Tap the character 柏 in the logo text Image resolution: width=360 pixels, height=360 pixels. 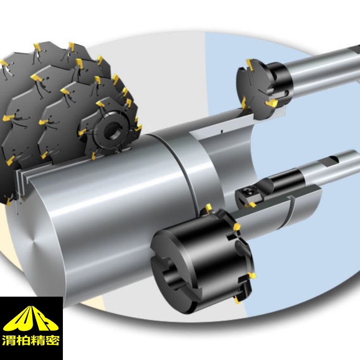pyautogui.click(x=24, y=340)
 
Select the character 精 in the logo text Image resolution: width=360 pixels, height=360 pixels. pyautogui.click(x=38, y=340)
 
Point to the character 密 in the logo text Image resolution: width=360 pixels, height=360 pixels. pyautogui.click(x=52, y=340)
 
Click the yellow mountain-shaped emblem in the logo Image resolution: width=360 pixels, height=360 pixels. pyautogui.click(x=31, y=318)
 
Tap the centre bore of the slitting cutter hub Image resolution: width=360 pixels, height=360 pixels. pyautogui.click(x=112, y=130)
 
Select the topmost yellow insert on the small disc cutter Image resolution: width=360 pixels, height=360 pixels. pyautogui.click(x=250, y=64)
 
